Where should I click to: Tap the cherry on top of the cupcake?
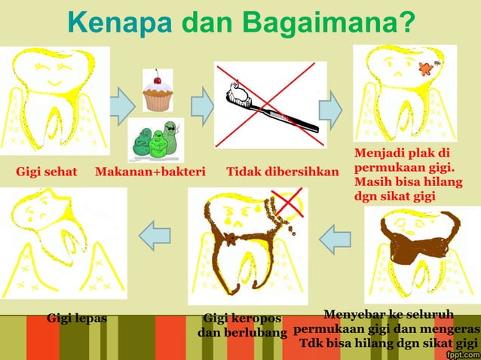click(157, 78)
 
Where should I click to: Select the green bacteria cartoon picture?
click(156, 140)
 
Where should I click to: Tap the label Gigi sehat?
click(47, 172)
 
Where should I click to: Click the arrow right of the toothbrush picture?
click(330, 109)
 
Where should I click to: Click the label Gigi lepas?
click(77, 318)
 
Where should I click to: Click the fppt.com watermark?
click(462, 353)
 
